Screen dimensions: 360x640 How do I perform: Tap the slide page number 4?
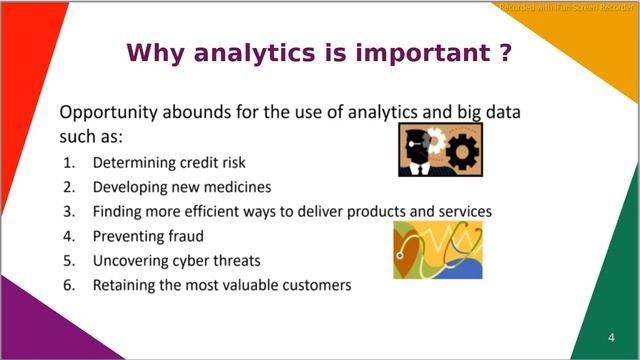tap(611, 336)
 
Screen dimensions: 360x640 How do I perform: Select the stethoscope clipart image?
tap(438, 249)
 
